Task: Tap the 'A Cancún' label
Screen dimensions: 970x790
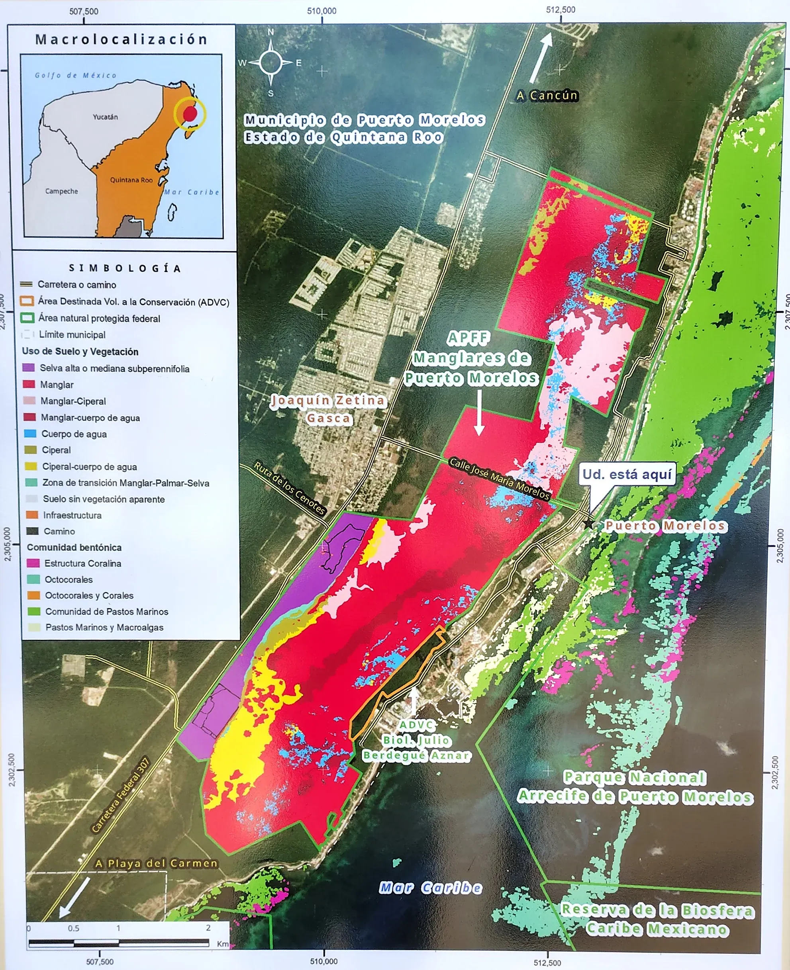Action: pyautogui.click(x=547, y=96)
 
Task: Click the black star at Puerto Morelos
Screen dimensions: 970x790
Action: pyautogui.click(x=589, y=524)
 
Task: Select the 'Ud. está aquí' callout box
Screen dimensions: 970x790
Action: pyautogui.click(x=627, y=474)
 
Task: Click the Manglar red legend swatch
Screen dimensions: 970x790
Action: pyautogui.click(x=29, y=384)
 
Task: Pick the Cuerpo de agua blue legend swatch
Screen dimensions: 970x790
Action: pyautogui.click(x=29, y=433)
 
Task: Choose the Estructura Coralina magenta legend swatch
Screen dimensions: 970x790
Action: pyautogui.click(x=33, y=563)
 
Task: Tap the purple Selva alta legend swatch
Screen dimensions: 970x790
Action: pyautogui.click(x=28, y=368)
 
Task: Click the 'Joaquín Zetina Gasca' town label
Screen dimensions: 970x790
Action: pyautogui.click(x=328, y=409)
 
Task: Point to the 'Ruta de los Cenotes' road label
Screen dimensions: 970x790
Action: pyautogui.click(x=289, y=489)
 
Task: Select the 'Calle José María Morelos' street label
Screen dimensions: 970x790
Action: pyautogui.click(x=499, y=478)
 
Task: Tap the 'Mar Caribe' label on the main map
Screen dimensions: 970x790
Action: pyautogui.click(x=431, y=887)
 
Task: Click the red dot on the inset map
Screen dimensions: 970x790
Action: pyautogui.click(x=190, y=113)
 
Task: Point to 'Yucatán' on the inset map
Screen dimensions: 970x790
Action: pyautogui.click(x=105, y=117)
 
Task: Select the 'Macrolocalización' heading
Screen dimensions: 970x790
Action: pyautogui.click(x=122, y=39)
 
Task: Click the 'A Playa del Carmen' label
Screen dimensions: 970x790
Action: pyautogui.click(x=156, y=863)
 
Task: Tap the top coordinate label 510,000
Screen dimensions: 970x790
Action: pyautogui.click(x=322, y=11)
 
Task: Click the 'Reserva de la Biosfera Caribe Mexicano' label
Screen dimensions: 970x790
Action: pyautogui.click(x=657, y=919)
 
